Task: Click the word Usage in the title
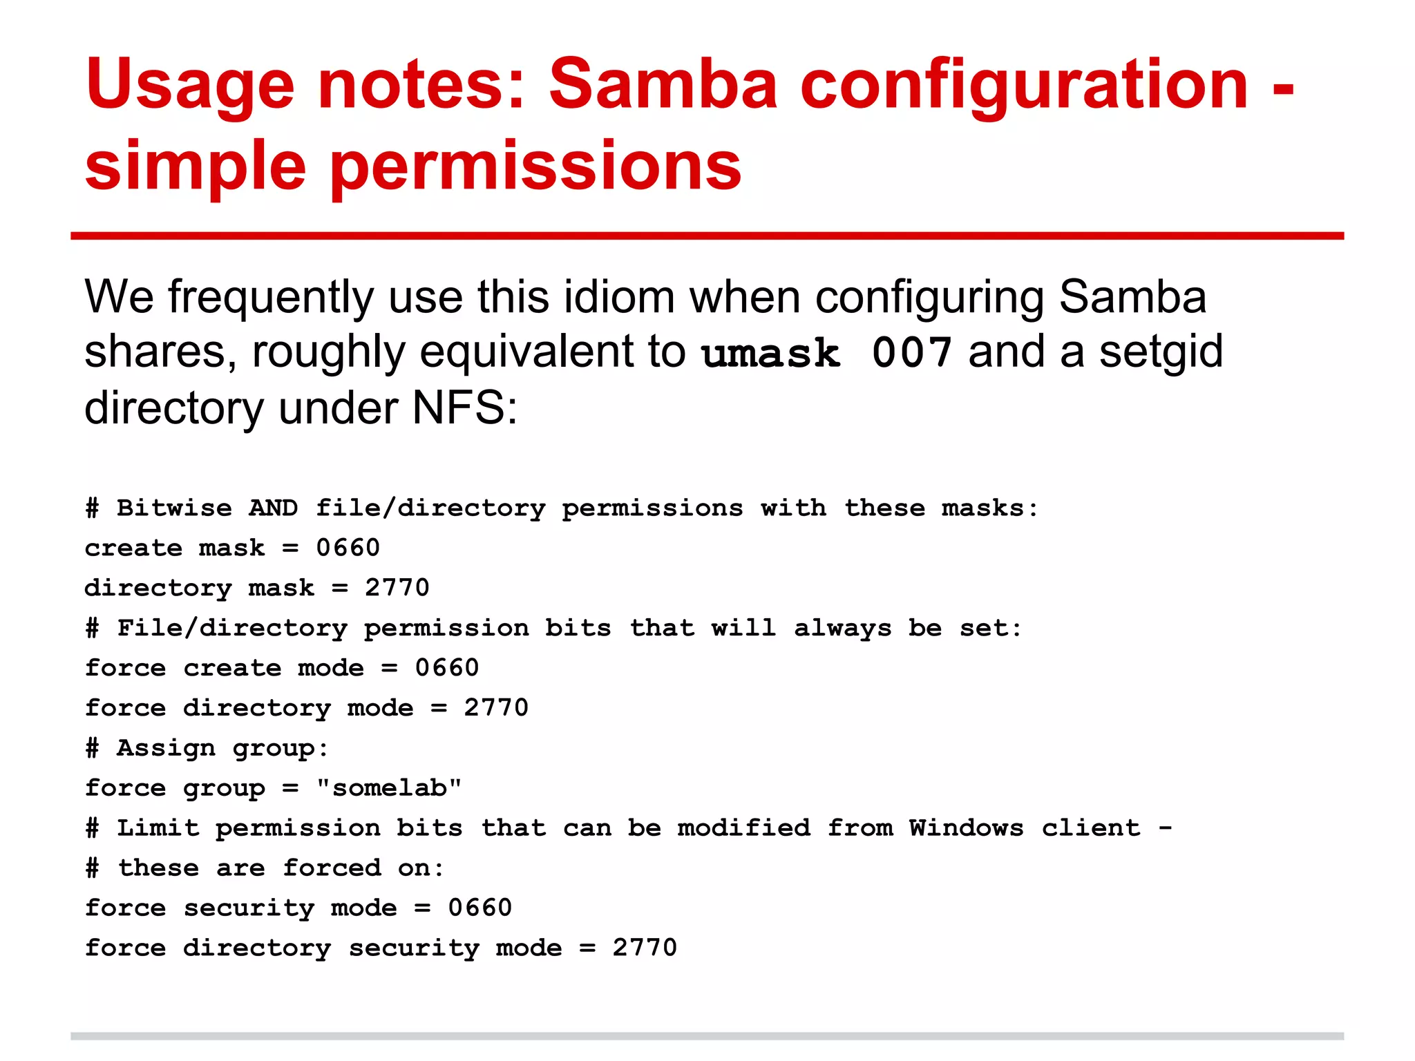click(x=190, y=86)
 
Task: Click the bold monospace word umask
click(x=770, y=354)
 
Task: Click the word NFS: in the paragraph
click(x=465, y=408)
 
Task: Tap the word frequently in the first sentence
click(x=271, y=298)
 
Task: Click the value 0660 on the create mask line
click(x=348, y=548)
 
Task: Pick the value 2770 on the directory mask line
click(x=397, y=588)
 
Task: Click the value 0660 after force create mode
click(x=447, y=668)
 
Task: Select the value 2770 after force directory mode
click(x=496, y=708)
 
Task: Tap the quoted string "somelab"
click(x=389, y=787)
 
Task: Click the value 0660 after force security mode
click(x=480, y=908)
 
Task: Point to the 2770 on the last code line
click(x=645, y=948)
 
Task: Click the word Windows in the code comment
click(x=966, y=828)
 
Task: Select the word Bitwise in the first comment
click(x=174, y=508)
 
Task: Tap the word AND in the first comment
click(x=274, y=508)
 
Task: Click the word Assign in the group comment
click(x=166, y=748)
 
